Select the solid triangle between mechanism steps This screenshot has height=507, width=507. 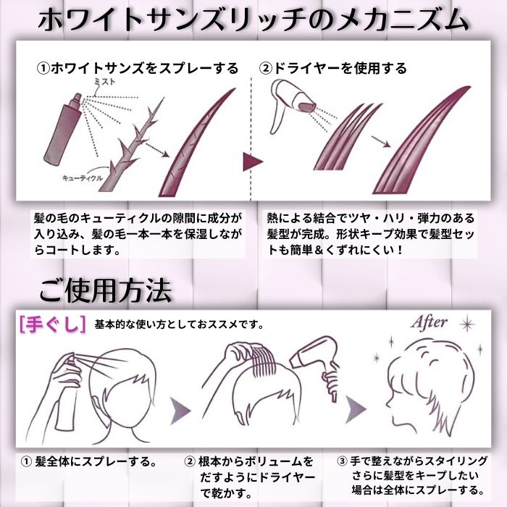251,160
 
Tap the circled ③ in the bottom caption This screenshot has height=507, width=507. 343,461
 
